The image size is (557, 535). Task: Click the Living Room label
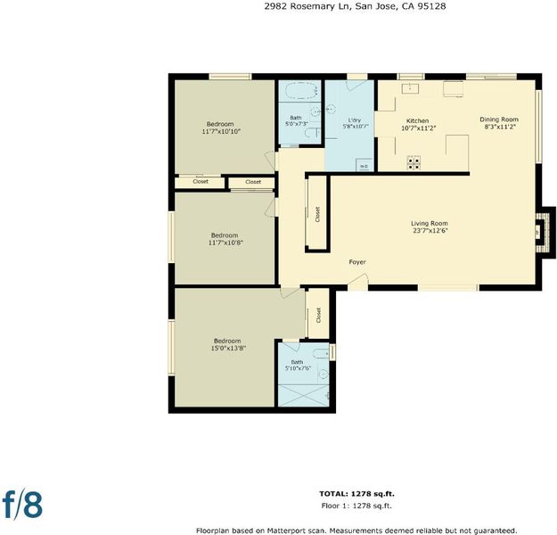[430, 224]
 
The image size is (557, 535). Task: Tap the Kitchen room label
[417, 121]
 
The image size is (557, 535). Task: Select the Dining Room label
[499, 119]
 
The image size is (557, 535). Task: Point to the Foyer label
[357, 262]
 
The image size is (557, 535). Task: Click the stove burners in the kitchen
[414, 163]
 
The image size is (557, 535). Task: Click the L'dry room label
[354, 120]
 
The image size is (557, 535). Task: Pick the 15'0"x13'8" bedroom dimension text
[228, 349]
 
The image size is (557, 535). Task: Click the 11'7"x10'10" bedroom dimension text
[221, 132]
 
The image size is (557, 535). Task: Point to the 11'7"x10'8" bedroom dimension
[225, 243]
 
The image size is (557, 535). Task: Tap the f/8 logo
[23, 504]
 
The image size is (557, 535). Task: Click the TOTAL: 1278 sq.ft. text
[356, 494]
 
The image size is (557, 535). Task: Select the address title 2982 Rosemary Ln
[307, 6]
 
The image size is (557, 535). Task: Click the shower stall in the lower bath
[304, 395]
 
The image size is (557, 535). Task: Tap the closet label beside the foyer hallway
[317, 214]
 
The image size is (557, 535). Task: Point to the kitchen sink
[410, 88]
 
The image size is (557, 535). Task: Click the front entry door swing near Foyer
[358, 283]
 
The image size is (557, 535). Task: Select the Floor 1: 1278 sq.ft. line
[356, 506]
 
